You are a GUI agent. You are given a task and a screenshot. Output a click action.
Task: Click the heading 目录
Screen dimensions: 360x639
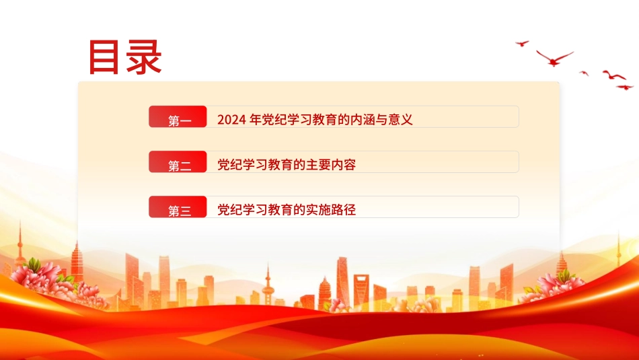coord(126,57)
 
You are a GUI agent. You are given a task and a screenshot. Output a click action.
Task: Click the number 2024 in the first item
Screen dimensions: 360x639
coord(231,120)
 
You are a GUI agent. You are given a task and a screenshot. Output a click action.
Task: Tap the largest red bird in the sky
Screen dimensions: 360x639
coord(554,58)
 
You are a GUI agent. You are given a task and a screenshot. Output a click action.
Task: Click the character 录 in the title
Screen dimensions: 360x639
coord(144,57)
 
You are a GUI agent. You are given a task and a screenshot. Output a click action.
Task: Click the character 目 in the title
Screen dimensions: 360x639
coord(106,57)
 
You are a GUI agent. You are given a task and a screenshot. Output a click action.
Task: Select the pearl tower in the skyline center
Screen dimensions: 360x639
coord(268,286)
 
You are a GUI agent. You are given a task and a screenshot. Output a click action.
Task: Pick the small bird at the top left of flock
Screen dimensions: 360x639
coord(522,43)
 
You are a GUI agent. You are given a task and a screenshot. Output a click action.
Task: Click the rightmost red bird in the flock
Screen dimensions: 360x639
coord(625,87)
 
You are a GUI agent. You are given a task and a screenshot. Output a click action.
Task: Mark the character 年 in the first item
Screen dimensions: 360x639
coord(255,120)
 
